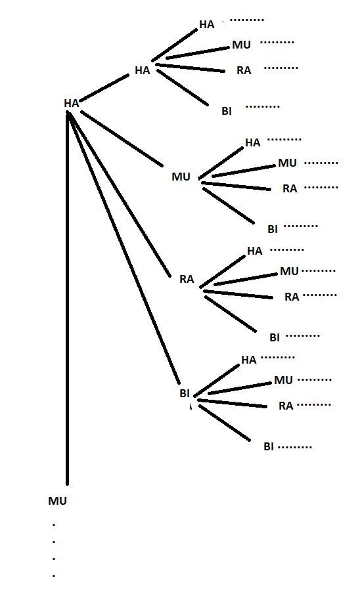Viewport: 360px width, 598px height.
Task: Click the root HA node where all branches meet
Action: [71, 103]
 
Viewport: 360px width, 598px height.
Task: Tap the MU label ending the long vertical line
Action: [57, 501]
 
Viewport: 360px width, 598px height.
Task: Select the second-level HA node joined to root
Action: [142, 70]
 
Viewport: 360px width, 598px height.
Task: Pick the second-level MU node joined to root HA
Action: [181, 177]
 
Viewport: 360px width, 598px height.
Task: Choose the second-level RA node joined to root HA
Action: [187, 279]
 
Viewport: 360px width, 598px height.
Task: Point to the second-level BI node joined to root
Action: [185, 393]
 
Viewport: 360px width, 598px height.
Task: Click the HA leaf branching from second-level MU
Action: [252, 142]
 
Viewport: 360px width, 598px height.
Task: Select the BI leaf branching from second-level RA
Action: [275, 337]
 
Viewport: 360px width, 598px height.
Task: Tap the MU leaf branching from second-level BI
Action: [283, 380]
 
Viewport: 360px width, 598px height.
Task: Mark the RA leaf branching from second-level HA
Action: [244, 70]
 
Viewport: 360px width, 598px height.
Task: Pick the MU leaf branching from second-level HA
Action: [241, 45]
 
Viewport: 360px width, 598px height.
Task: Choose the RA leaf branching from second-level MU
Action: [290, 188]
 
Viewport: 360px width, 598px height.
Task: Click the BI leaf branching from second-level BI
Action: [269, 446]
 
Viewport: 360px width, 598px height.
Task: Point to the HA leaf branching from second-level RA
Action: [254, 251]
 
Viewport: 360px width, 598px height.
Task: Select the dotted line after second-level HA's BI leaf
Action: [263, 106]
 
